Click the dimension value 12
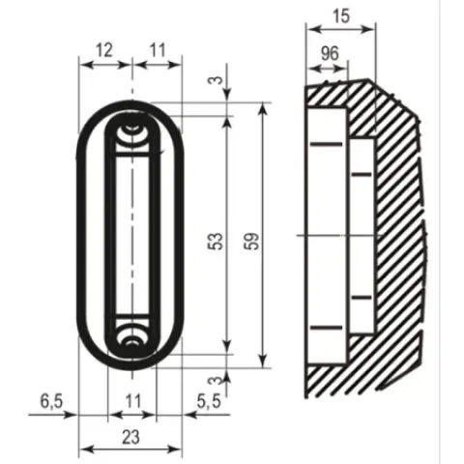pyautogui.click(x=104, y=50)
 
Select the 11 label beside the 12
pyautogui.click(x=158, y=50)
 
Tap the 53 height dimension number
pyautogui.click(x=216, y=241)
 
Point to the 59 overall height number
pyautogui.click(x=251, y=241)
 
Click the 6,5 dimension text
pyautogui.click(x=51, y=401)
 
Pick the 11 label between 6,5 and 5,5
pyautogui.click(x=132, y=401)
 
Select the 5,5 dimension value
pyautogui.click(x=209, y=401)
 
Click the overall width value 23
pyautogui.click(x=130, y=437)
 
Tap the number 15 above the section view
pyautogui.click(x=341, y=15)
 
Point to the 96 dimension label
pyautogui.click(x=330, y=53)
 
